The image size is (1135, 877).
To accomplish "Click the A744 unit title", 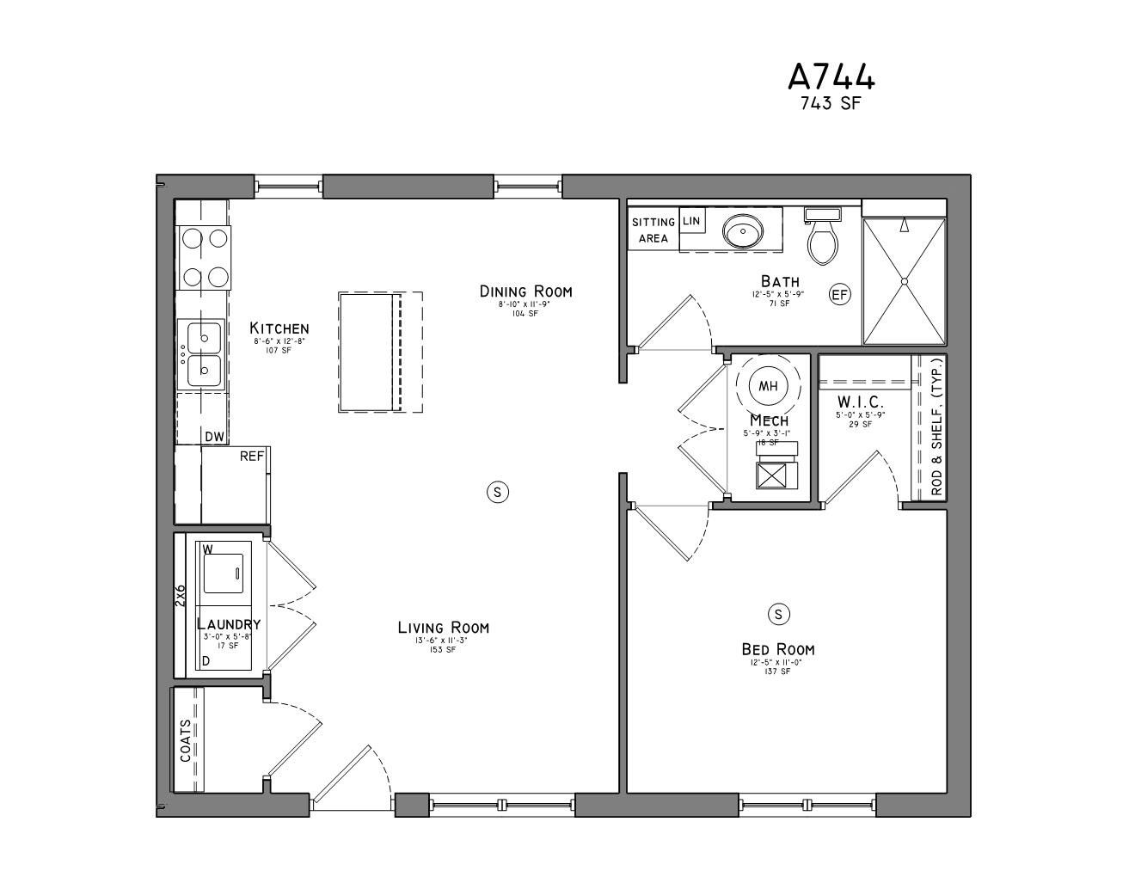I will [x=831, y=77].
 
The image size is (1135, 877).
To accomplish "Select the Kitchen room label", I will [x=279, y=328].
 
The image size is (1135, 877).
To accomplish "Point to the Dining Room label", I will [x=525, y=291].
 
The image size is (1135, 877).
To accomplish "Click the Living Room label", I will [x=443, y=628].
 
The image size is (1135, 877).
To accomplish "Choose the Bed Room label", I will [x=778, y=649].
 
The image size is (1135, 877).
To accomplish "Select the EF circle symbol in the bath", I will [x=839, y=295].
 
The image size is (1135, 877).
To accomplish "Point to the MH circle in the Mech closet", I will [x=768, y=386].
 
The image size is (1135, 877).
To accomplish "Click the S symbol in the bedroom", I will [x=778, y=614].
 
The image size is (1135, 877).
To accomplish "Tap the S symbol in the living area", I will [x=497, y=492].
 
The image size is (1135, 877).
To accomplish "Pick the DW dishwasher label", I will [x=214, y=437].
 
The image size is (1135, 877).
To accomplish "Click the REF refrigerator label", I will [x=251, y=457].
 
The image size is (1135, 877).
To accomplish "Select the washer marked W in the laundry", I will [x=223, y=570].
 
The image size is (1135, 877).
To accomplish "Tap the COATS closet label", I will [x=186, y=740].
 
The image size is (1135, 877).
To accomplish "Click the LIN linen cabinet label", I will [x=691, y=221].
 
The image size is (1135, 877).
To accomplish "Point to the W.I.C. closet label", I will [x=860, y=402].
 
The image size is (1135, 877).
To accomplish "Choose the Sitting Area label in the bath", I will [x=653, y=230].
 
